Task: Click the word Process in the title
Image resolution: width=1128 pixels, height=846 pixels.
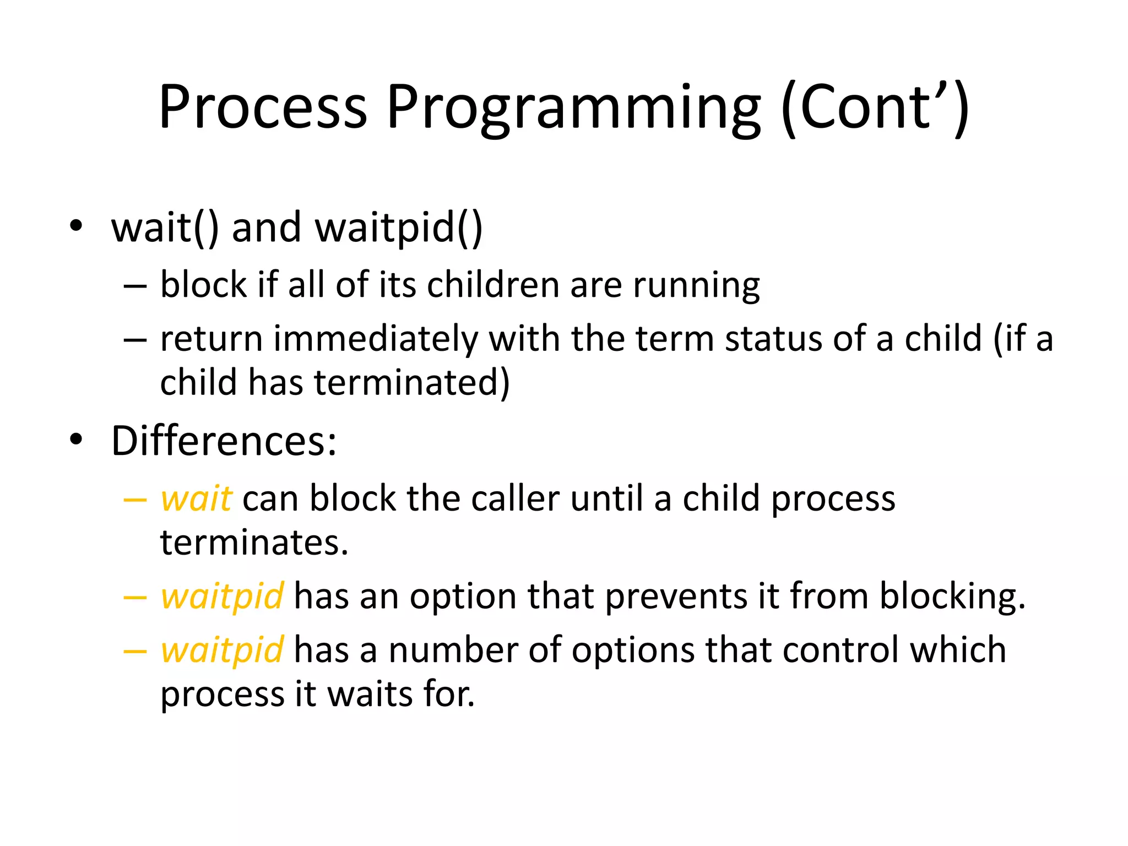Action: pos(263,107)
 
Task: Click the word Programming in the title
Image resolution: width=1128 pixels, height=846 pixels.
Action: pos(573,107)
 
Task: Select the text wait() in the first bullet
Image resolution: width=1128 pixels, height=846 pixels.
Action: pos(165,227)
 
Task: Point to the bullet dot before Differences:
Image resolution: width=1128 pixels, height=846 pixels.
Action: pos(76,440)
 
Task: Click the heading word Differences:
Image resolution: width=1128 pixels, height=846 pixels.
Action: pos(224,441)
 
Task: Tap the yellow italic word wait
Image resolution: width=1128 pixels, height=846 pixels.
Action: pos(196,499)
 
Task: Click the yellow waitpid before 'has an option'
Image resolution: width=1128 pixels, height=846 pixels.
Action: pos(222,596)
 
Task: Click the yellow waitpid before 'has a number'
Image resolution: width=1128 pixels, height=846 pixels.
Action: pos(222,650)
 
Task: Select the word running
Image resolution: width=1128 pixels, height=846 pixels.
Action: pos(696,286)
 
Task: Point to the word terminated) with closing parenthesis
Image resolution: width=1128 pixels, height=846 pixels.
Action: pos(412,383)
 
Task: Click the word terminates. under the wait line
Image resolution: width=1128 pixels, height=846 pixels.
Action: pos(254,543)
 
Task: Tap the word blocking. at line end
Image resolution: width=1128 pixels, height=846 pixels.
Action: pos(952,596)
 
